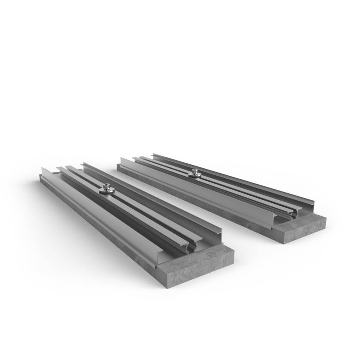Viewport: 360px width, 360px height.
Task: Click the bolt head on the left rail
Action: point(107,186)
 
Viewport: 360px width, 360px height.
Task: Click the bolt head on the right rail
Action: point(195,171)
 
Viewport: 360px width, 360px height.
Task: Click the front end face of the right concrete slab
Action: point(302,230)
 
